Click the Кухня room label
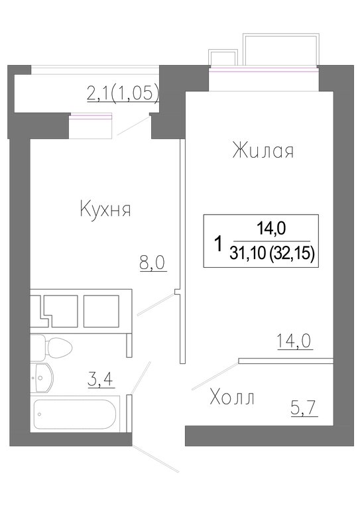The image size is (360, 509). tap(105, 210)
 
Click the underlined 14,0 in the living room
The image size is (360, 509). tap(294, 341)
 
